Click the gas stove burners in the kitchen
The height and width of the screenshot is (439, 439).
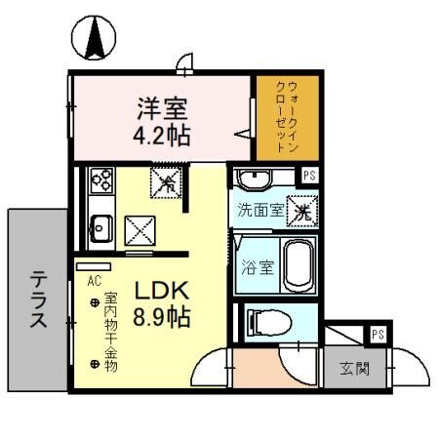(x=101, y=180)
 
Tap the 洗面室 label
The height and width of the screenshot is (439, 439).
(x=262, y=210)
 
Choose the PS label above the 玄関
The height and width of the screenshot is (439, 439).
(x=376, y=335)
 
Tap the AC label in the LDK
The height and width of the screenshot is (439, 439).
(x=95, y=279)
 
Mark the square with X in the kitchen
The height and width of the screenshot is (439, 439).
(x=140, y=230)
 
